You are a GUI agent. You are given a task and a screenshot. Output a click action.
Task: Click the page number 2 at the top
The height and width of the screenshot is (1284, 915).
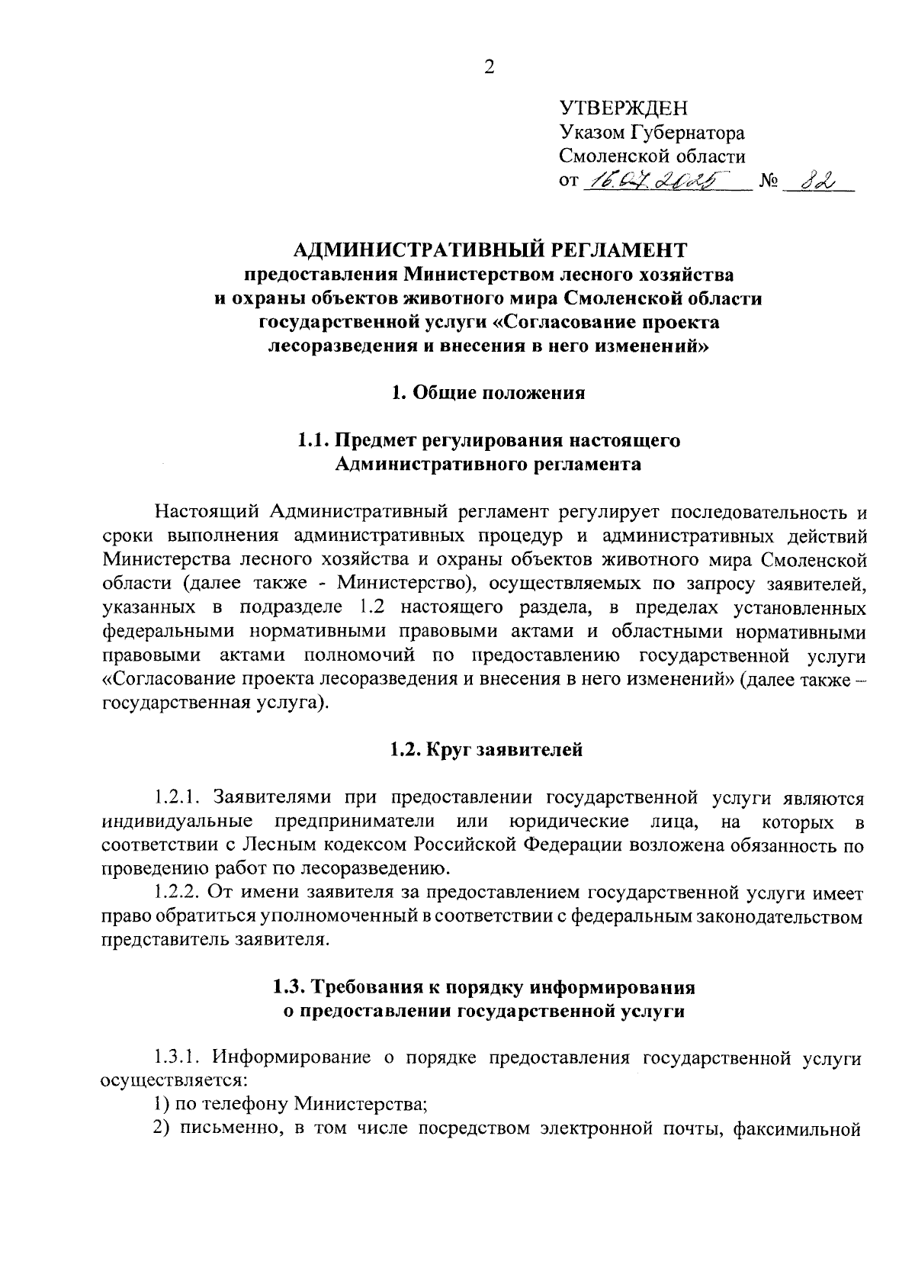point(489,68)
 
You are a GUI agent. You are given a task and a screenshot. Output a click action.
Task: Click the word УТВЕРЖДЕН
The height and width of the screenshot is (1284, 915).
point(623,108)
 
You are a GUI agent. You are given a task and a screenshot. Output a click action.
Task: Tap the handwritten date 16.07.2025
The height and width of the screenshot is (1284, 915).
point(654,181)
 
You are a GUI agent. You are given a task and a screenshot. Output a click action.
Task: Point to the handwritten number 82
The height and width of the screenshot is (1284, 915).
point(815,181)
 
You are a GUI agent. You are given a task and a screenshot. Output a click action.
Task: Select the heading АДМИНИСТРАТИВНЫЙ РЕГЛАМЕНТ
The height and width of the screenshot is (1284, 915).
point(490,249)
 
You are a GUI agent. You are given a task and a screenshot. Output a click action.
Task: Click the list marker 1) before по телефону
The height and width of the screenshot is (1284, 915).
point(161,1104)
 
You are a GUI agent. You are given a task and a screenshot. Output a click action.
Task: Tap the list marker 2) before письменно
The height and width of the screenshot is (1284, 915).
point(161,1128)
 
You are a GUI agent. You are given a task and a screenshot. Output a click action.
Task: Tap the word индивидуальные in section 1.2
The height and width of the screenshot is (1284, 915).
point(178,822)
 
